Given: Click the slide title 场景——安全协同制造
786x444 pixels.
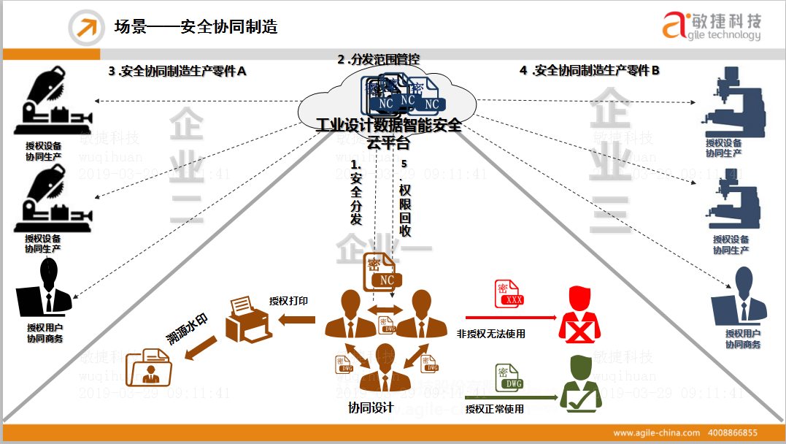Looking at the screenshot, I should [196, 27].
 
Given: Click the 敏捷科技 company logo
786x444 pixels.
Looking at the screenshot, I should [711, 27].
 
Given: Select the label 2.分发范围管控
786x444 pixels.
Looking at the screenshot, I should [378, 59].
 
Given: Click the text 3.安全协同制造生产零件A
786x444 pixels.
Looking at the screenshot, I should [177, 71].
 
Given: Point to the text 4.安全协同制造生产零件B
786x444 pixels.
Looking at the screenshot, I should [590, 70].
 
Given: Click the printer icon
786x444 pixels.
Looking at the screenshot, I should [248, 319].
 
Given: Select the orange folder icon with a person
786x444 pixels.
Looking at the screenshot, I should [150, 367].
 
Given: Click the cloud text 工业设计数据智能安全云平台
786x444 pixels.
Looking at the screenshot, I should [388, 134].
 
